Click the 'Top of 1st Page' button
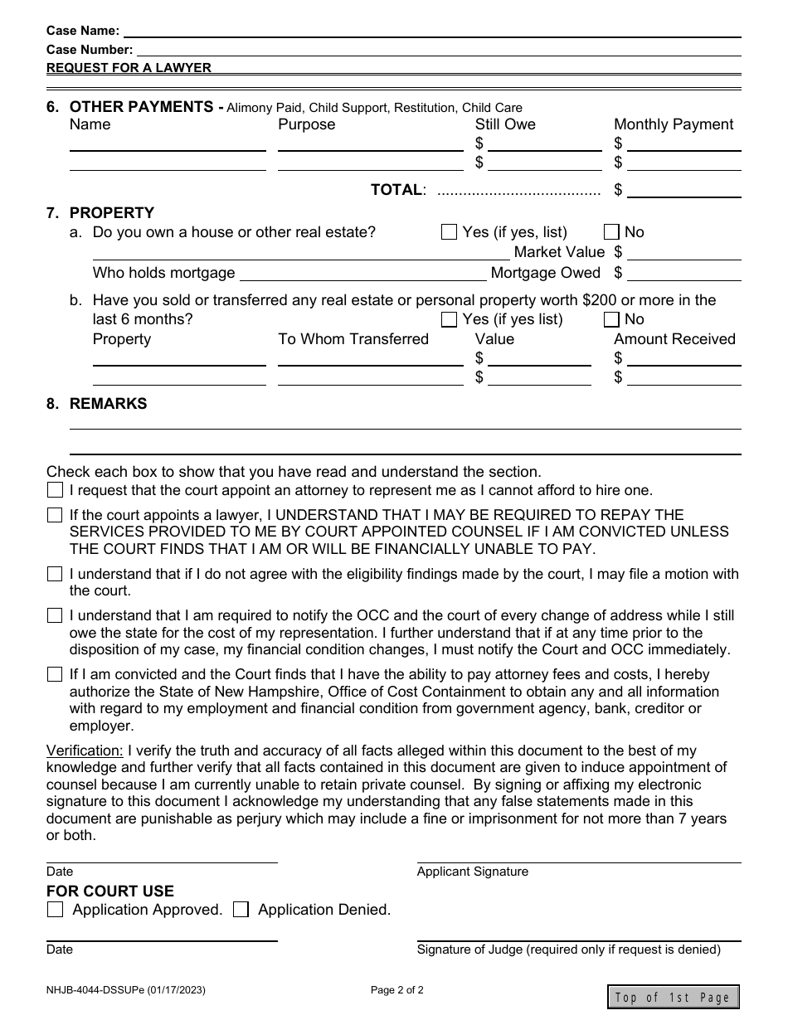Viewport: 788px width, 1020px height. click(673, 997)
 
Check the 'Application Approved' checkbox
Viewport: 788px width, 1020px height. click(55, 910)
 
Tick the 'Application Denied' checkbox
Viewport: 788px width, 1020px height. click(241, 910)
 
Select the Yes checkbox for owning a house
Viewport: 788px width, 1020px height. click(449, 232)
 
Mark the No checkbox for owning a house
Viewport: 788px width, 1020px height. click(611, 232)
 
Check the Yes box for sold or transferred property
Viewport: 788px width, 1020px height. click(449, 319)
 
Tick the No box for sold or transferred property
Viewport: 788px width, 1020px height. click(611, 319)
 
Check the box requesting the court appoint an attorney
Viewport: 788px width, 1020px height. click(55, 490)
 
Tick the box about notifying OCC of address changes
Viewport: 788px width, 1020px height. click(55, 615)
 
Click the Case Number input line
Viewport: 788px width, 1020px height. click(438, 49)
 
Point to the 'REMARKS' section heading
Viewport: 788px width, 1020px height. click(108, 404)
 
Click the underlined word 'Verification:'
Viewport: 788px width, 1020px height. click(85, 750)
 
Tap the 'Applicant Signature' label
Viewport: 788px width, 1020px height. click(472, 872)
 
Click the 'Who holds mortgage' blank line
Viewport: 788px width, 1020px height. click(362, 274)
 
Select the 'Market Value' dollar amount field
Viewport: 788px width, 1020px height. click(683, 252)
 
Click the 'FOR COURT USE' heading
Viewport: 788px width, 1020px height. click(110, 891)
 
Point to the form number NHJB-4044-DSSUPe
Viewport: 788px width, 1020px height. click(126, 989)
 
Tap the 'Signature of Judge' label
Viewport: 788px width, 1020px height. click(568, 950)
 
